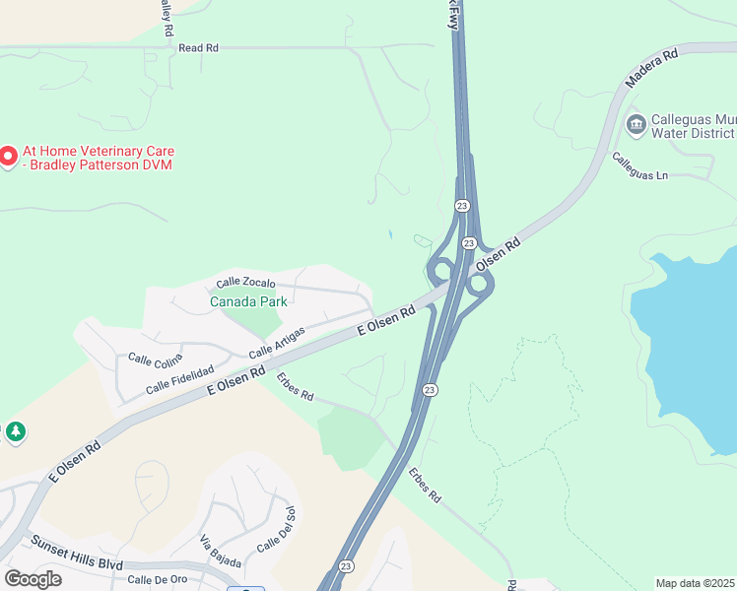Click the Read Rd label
click(198, 47)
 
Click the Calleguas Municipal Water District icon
click(636, 124)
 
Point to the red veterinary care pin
click(8, 157)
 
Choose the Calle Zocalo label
click(246, 284)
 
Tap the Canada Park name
click(248, 301)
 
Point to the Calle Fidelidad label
click(180, 379)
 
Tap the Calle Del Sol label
click(277, 530)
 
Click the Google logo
click(33, 579)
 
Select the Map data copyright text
click(696, 583)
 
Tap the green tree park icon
click(15, 431)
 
